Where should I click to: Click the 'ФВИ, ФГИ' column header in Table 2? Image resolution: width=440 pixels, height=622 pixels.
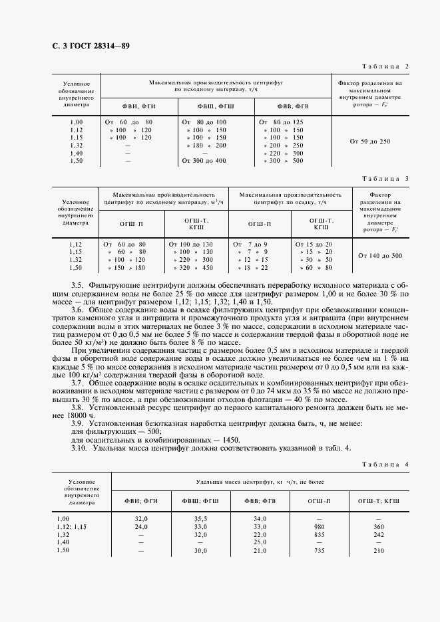click(138, 106)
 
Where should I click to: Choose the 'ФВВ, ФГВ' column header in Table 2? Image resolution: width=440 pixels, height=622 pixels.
click(293, 106)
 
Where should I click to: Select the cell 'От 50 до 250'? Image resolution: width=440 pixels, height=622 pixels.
click(369, 141)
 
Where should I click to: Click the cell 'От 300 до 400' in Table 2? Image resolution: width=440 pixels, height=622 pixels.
click(203, 161)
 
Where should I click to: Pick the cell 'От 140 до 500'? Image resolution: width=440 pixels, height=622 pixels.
click(379, 255)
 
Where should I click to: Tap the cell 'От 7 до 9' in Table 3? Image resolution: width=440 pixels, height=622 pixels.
click(250, 245)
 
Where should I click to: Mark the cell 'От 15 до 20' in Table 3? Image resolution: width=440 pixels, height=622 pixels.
click(316, 245)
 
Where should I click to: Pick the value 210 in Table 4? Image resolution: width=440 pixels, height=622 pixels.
click(379, 550)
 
